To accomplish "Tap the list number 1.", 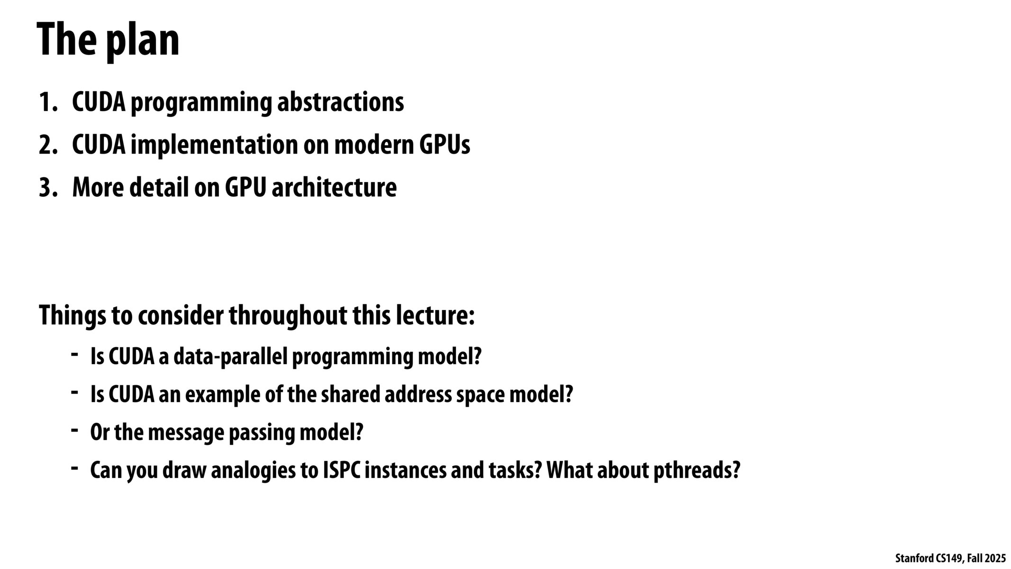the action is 48,102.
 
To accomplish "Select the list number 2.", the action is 48,145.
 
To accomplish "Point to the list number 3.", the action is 48,188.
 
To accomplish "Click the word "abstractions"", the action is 340,102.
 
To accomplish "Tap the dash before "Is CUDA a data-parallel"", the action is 74,354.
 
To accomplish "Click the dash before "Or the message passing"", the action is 74,430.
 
